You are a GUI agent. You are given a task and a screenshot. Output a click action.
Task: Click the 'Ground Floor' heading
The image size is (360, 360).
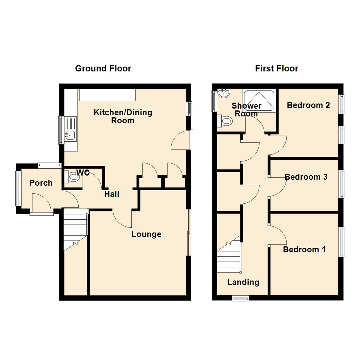(x=103, y=69)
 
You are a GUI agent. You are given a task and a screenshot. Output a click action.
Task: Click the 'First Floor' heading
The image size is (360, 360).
(x=276, y=69)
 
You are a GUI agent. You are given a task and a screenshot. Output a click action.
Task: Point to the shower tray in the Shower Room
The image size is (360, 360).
(x=259, y=101)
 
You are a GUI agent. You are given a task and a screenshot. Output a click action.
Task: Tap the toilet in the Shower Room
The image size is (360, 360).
(x=225, y=121)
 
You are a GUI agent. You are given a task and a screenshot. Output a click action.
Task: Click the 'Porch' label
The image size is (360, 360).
(x=41, y=183)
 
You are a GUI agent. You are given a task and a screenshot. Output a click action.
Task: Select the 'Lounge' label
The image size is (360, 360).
(x=146, y=234)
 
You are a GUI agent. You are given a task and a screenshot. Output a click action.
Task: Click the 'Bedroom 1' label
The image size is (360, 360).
(x=304, y=249)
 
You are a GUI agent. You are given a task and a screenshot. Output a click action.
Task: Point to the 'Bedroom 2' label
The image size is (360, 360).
(x=308, y=105)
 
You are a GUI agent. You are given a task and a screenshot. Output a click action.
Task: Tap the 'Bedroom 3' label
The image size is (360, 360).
(x=306, y=177)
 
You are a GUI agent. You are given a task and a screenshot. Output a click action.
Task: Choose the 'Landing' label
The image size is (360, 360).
(x=243, y=282)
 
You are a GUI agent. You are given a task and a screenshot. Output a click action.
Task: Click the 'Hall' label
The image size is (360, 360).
(x=112, y=194)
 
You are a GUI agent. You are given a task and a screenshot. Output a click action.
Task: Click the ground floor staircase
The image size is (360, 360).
(x=75, y=230)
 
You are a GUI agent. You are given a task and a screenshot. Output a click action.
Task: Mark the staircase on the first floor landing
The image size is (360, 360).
(x=229, y=257)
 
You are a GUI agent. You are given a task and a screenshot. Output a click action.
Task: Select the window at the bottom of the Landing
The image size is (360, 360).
(x=241, y=299)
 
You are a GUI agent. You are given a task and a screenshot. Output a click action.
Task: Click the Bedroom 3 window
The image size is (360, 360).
(x=341, y=184)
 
